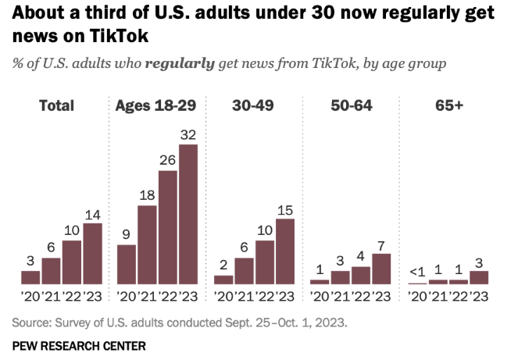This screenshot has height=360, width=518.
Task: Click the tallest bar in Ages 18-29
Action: tap(188, 213)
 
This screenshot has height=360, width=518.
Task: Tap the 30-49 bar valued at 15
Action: tap(285, 251)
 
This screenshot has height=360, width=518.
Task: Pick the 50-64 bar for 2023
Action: tap(381, 268)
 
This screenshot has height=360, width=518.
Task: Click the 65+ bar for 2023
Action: tap(478, 276)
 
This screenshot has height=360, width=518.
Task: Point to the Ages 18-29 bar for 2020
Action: tap(127, 264)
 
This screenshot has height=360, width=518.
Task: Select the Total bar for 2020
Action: tap(30, 276)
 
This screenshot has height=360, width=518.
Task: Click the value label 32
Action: tap(188, 134)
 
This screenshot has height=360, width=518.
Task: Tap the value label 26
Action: tap(168, 159)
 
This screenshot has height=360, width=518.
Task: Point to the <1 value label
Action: tap(417, 271)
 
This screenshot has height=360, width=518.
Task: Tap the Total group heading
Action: tap(56, 105)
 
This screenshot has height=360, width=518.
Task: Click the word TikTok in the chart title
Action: tap(120, 36)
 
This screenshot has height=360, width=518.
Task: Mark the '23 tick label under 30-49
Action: tap(285, 297)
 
